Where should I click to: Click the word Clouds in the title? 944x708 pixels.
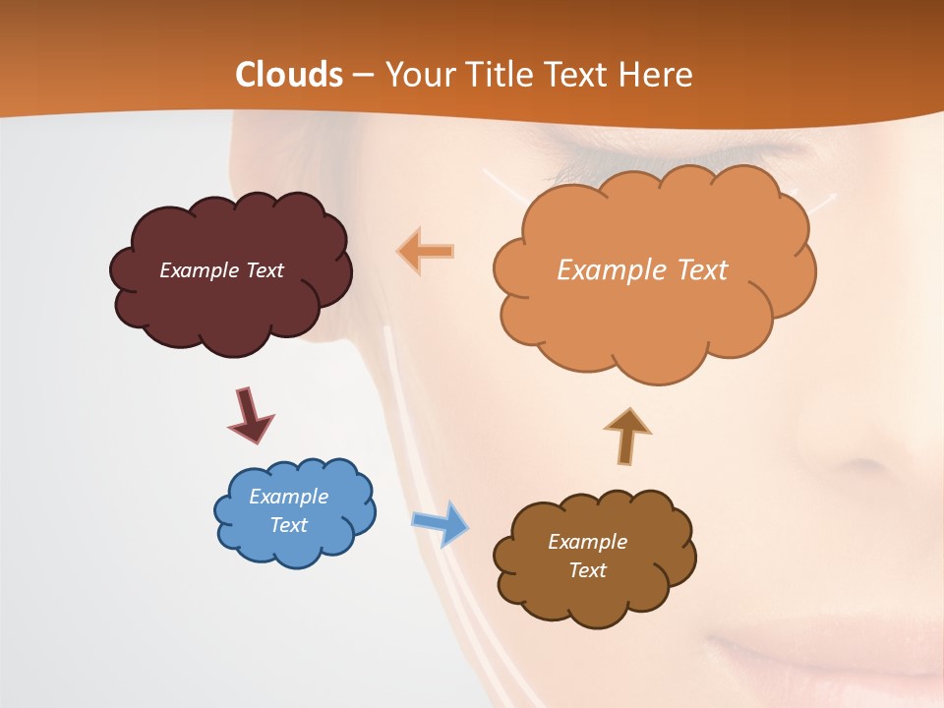[289, 75]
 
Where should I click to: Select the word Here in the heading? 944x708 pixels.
[656, 75]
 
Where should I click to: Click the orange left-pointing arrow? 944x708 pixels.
[426, 252]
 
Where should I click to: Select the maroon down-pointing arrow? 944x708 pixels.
[250, 415]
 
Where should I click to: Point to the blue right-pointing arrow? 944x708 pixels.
[441, 522]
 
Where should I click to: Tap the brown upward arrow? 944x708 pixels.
[627, 437]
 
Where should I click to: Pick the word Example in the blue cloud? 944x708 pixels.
[288, 497]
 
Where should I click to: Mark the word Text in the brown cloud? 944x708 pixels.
[587, 570]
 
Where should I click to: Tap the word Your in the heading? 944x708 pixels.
[418, 75]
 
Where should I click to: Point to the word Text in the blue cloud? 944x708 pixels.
[288, 525]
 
